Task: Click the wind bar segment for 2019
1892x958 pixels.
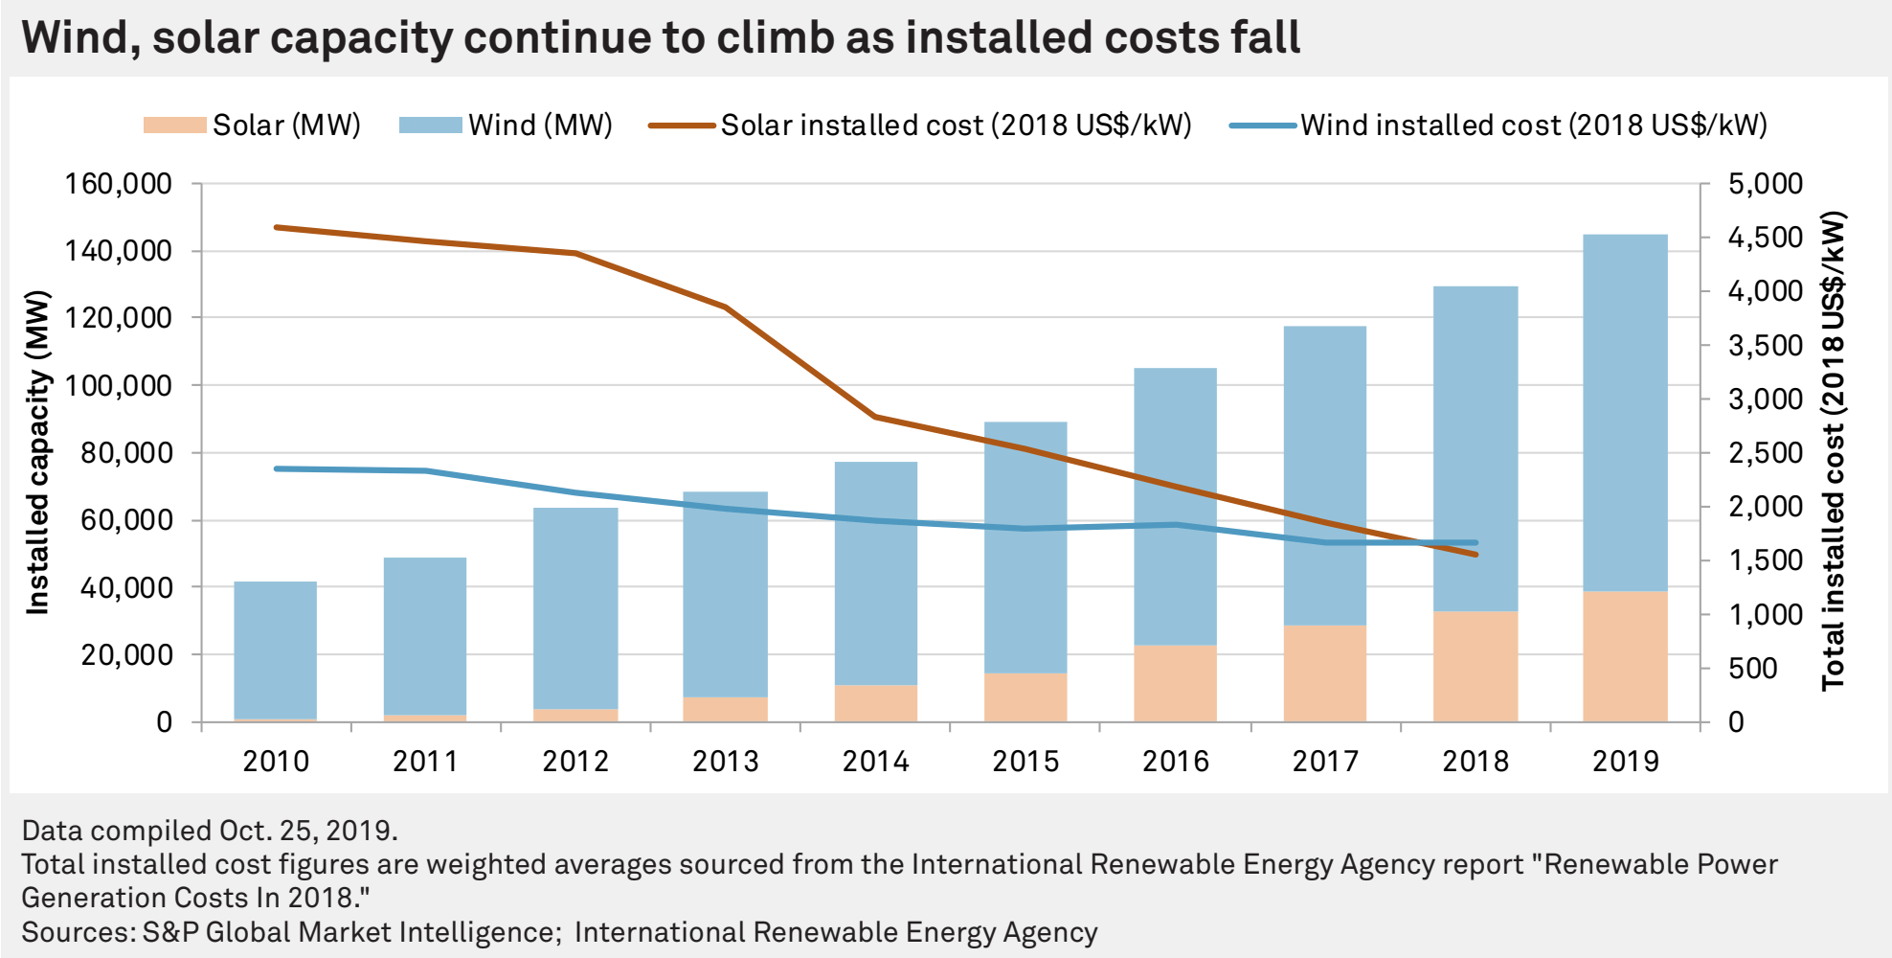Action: (1625, 412)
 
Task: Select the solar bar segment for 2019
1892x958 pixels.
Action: (1625, 656)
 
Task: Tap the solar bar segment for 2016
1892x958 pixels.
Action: (1175, 683)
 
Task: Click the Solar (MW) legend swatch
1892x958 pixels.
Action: (174, 125)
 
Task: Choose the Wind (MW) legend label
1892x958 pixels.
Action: (540, 125)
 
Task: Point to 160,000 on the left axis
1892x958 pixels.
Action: (118, 184)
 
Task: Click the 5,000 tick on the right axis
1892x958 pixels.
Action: (1765, 184)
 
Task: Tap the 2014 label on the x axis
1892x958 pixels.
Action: (875, 762)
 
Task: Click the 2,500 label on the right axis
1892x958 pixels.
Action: (1765, 453)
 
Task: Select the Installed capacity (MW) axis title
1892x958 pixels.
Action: (37, 452)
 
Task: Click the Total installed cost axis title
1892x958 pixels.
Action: (1833, 450)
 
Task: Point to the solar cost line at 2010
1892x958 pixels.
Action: (277, 228)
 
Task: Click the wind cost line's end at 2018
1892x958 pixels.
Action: (1475, 542)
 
